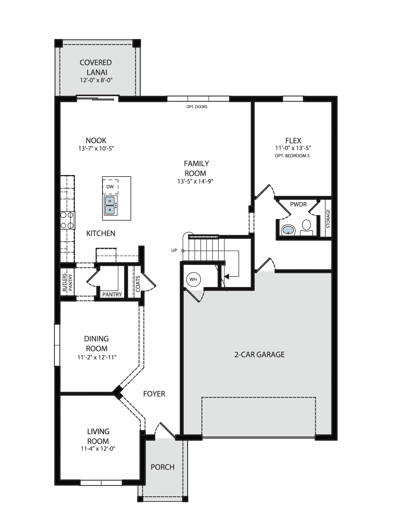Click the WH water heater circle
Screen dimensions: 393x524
tap(193, 279)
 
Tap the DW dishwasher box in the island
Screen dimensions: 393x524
tap(110, 187)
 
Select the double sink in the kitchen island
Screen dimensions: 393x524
tap(110, 206)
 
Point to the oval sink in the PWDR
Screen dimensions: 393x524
tap(288, 230)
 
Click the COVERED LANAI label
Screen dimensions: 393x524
tap(96, 67)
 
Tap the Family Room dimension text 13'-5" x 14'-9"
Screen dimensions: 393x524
tap(195, 181)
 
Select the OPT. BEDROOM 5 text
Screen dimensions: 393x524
tap(292, 156)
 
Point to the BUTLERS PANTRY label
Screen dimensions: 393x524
tap(68, 282)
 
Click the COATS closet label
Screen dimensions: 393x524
tap(138, 283)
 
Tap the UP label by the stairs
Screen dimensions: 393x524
tap(174, 250)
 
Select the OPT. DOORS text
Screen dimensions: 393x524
tap(197, 107)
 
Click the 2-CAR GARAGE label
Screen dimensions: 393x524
tap(259, 354)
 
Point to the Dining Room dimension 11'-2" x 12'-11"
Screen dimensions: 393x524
tap(97, 357)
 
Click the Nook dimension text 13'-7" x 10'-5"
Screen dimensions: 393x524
tap(96, 149)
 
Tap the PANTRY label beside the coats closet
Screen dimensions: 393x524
tap(112, 294)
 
